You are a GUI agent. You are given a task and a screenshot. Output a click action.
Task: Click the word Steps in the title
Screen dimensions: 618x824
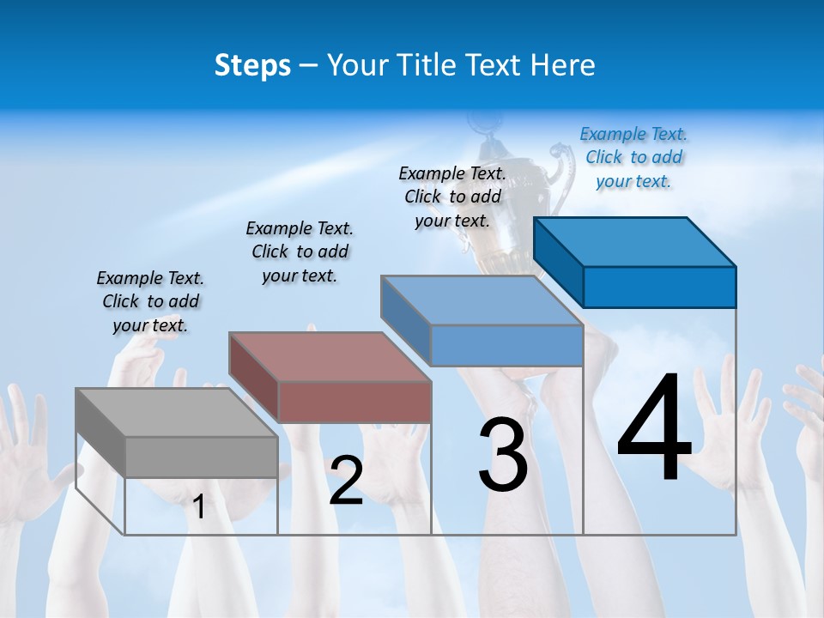click(x=251, y=65)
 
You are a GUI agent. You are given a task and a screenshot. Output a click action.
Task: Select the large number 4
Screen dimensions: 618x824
click(x=655, y=429)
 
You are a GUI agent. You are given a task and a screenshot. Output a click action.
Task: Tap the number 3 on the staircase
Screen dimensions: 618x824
click(x=503, y=456)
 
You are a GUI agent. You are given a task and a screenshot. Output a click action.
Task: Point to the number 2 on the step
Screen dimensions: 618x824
click(x=346, y=481)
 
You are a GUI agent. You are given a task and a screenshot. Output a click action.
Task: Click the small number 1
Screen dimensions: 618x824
click(x=199, y=507)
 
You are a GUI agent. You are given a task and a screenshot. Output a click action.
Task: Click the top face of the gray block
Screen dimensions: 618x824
click(x=176, y=412)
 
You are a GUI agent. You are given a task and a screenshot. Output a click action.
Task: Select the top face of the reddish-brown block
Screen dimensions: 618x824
click(x=329, y=356)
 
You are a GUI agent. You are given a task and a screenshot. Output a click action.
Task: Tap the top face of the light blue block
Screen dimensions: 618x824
click(x=481, y=300)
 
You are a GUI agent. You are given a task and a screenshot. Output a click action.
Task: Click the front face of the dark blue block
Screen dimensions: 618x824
click(x=659, y=287)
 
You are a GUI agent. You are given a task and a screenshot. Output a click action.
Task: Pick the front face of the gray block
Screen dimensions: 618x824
click(x=201, y=457)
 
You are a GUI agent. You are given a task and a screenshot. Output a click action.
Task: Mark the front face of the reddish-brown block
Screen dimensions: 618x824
click(x=354, y=402)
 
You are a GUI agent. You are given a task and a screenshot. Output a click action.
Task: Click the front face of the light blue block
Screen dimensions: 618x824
click(x=506, y=345)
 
